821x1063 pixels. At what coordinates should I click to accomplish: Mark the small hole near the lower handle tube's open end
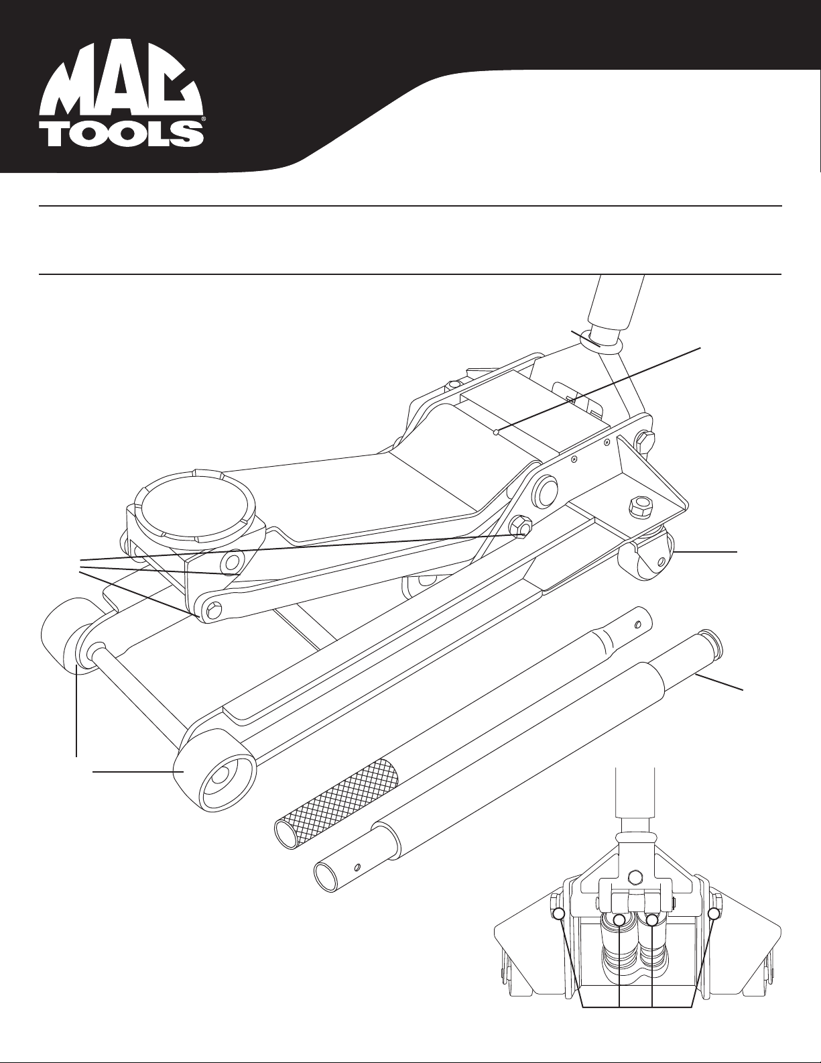[x=357, y=866]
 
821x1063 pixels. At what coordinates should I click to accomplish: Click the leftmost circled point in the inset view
[x=558, y=913]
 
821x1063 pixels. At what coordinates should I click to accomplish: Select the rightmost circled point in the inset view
[x=714, y=913]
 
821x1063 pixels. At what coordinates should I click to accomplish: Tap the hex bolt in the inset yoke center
[x=635, y=875]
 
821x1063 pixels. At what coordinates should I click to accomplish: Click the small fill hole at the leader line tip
[x=495, y=433]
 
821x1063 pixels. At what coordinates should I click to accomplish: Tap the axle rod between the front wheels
[x=141, y=684]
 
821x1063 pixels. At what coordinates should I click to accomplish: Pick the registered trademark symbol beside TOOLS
[x=202, y=121]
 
